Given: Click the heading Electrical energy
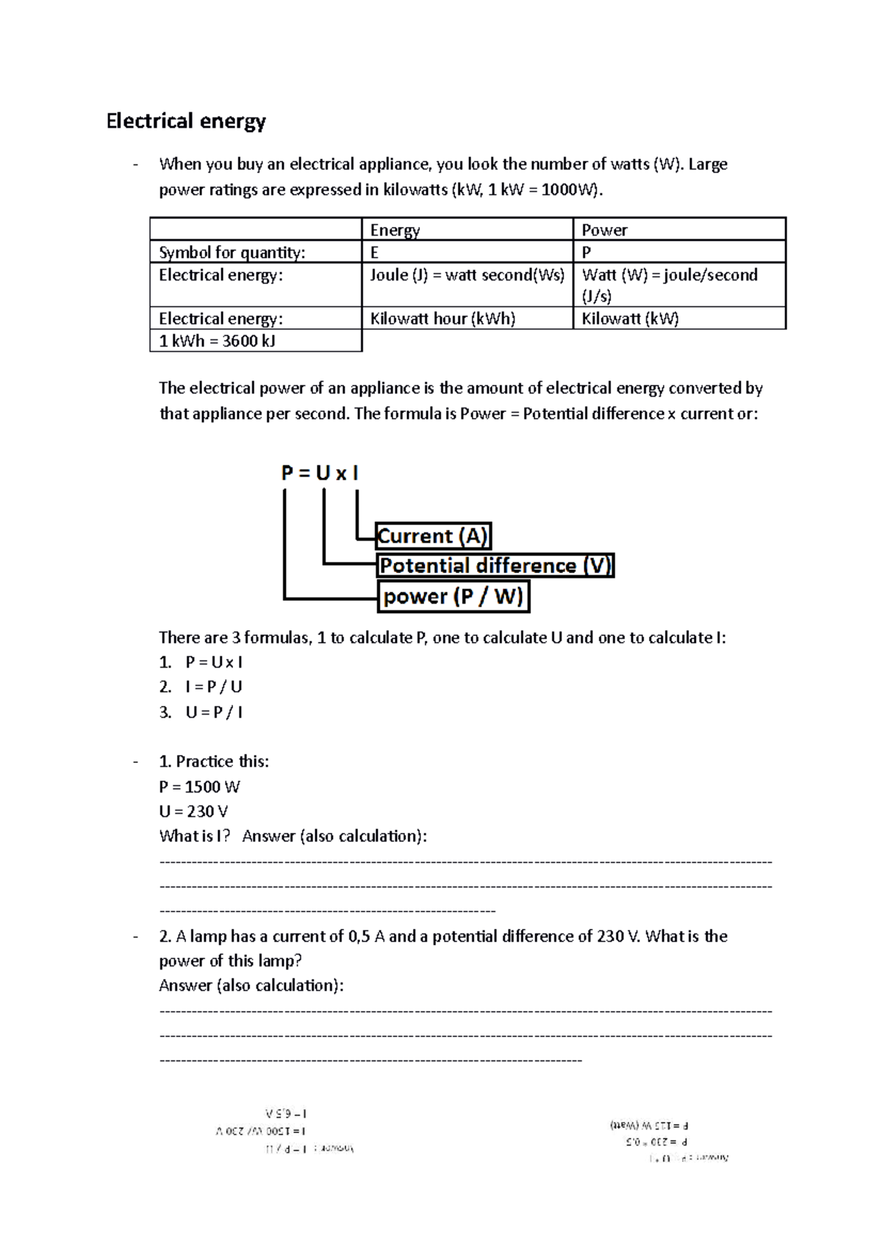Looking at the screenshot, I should [x=186, y=121].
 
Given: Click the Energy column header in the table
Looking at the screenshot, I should [x=395, y=230].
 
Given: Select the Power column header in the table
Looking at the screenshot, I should [x=604, y=230].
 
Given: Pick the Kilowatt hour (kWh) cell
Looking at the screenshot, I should [x=442, y=319].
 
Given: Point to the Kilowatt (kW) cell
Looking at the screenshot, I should [x=630, y=319].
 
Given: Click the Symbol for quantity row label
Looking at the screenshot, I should [x=232, y=253].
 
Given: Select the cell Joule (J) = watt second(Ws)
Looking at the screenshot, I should [x=467, y=275].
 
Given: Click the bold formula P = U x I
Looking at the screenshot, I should [x=320, y=473].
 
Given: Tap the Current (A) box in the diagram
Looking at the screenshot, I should [x=432, y=536].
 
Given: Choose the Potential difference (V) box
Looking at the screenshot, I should [x=495, y=565].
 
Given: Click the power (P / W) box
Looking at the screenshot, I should [x=453, y=596].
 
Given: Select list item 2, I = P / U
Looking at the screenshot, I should [x=213, y=687].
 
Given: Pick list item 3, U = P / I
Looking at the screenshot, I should [x=213, y=712].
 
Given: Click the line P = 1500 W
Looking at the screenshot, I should [x=199, y=787].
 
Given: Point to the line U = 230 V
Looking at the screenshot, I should [x=193, y=812].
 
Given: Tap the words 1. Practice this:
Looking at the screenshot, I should [x=214, y=762].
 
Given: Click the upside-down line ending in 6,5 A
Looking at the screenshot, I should [x=286, y=1114].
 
